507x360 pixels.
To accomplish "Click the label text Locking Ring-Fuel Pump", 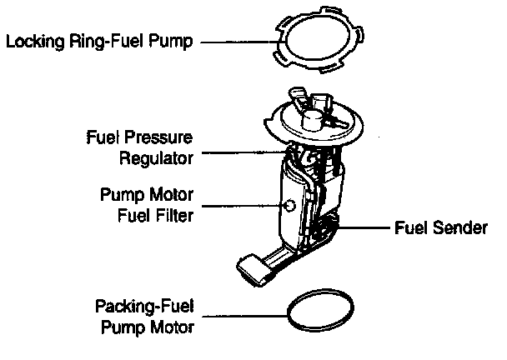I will tap(99, 39).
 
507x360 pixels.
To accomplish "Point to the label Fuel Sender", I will tap(440, 227).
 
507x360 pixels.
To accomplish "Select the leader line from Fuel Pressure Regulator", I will tap(242, 152).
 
